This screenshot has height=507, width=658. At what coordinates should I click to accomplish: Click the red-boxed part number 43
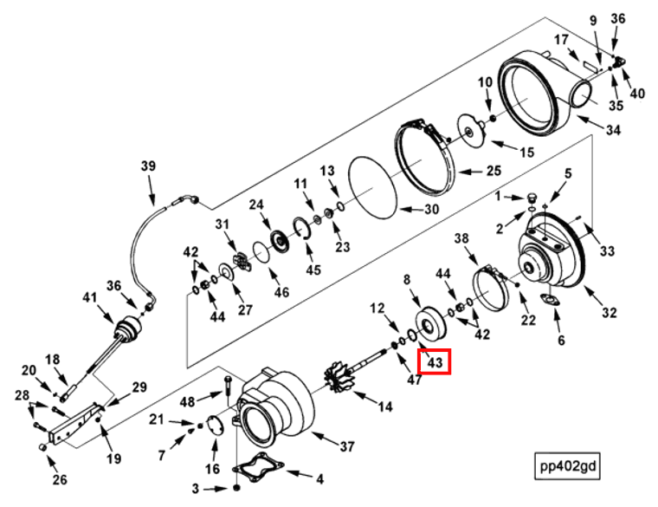434,359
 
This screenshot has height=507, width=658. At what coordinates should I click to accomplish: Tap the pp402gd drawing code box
566,467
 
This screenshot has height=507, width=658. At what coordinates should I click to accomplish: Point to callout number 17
561,39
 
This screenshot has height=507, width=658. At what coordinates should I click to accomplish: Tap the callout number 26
59,479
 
